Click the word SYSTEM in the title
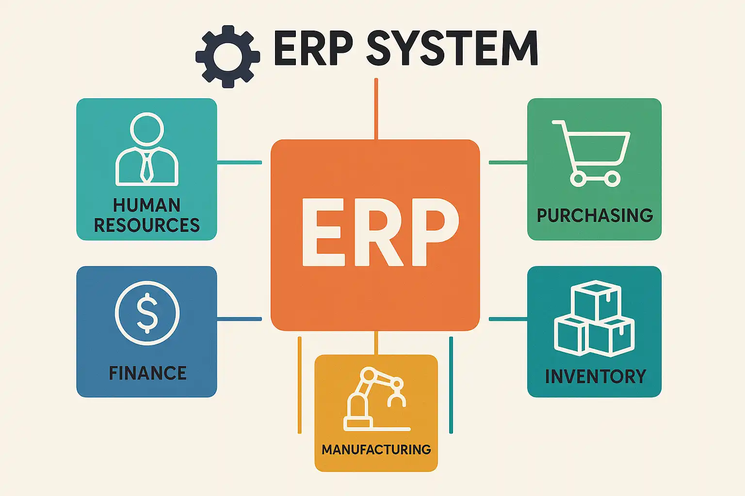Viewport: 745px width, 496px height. point(452,48)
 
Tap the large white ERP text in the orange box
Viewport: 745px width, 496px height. point(380,232)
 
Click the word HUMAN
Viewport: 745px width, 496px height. point(146,205)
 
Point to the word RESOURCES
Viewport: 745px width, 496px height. point(146,225)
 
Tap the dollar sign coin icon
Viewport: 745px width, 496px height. point(147,313)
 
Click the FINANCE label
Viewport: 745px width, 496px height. point(147,373)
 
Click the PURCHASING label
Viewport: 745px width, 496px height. point(595,216)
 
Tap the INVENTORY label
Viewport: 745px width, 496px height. point(595,376)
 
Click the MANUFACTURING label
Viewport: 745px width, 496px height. point(376,449)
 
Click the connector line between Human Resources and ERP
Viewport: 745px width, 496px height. point(239,162)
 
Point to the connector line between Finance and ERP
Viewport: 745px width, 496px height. point(239,319)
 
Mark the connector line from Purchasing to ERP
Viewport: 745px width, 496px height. point(508,162)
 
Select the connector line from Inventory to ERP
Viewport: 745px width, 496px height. point(508,319)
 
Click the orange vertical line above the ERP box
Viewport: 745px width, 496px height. point(376,109)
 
